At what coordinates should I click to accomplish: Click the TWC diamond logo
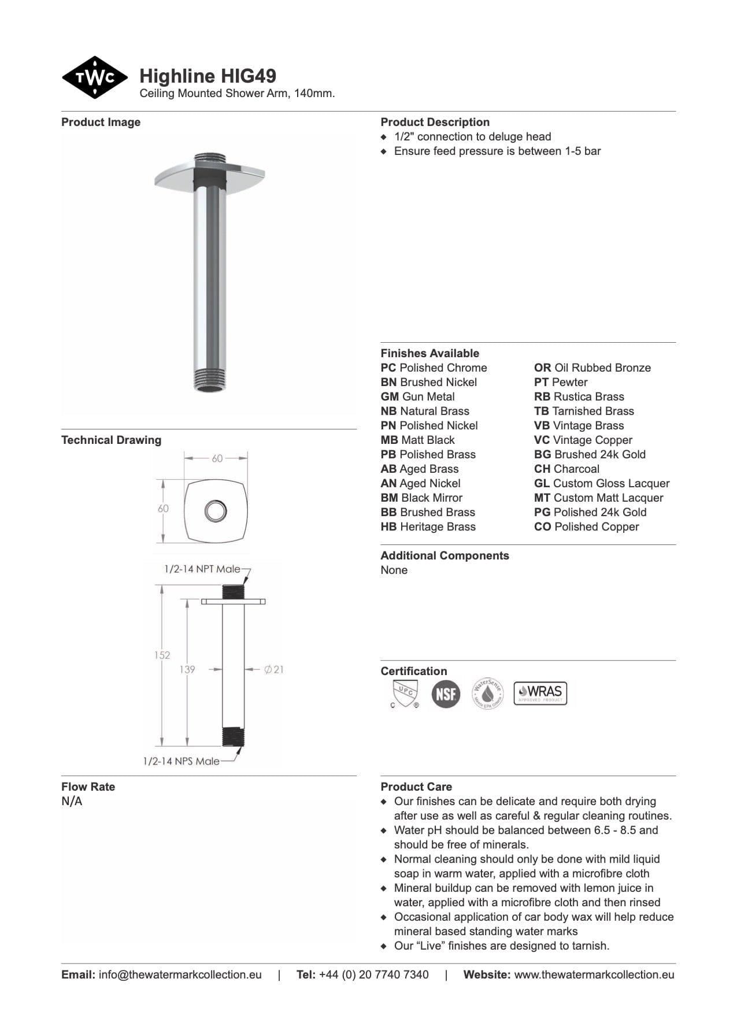[94, 77]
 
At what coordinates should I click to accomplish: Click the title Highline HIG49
[208, 76]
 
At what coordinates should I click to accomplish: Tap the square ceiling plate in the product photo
[209, 174]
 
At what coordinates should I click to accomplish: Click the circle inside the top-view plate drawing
[216, 511]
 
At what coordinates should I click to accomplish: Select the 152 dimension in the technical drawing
[162, 655]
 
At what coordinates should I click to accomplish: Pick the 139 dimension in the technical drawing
[187, 669]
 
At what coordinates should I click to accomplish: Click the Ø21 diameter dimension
[274, 669]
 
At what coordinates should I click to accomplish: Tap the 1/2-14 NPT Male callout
[202, 569]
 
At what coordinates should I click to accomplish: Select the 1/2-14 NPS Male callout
[181, 761]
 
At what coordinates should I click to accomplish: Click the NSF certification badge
[446, 694]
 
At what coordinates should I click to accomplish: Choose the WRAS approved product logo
[540, 693]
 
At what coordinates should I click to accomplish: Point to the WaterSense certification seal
[488, 693]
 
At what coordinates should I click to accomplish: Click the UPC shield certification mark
[405, 693]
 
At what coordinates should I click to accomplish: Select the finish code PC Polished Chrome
[434, 368]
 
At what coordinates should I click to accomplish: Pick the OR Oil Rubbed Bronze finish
[592, 368]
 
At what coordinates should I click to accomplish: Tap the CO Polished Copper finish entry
[586, 527]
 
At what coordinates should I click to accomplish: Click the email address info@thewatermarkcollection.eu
[180, 974]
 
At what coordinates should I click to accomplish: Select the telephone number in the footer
[373, 974]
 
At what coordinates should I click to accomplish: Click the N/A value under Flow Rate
[72, 801]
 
